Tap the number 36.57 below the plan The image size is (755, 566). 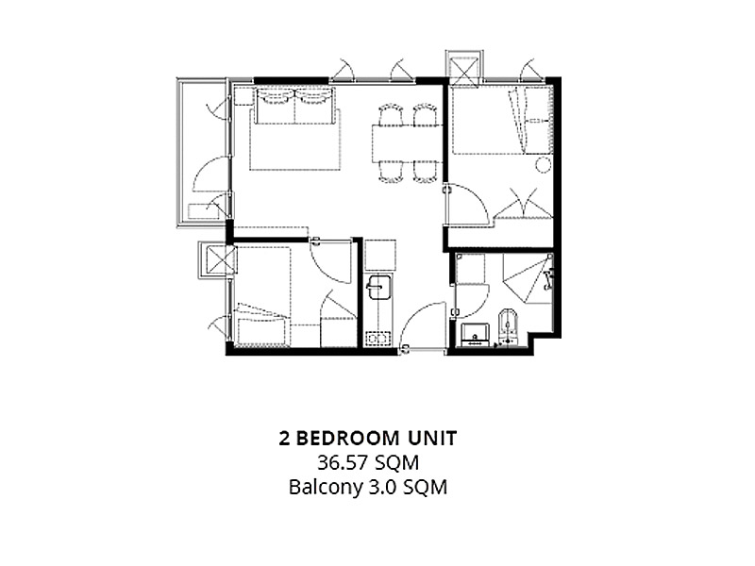tap(344, 463)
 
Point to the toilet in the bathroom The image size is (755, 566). tap(508, 326)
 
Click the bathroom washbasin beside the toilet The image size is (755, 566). tap(476, 334)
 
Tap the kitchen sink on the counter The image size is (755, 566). tap(379, 288)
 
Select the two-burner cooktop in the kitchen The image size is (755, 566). tap(378, 338)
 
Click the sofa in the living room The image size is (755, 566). tap(294, 106)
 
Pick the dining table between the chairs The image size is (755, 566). tap(406, 144)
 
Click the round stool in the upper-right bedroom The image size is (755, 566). tap(544, 164)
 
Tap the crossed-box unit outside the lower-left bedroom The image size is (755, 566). tap(218, 260)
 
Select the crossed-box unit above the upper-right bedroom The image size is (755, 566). tap(463, 67)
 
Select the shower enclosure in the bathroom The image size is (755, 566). tap(528, 278)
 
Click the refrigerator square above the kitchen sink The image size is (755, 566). tap(380, 255)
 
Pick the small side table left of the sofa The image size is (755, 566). tap(243, 96)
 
